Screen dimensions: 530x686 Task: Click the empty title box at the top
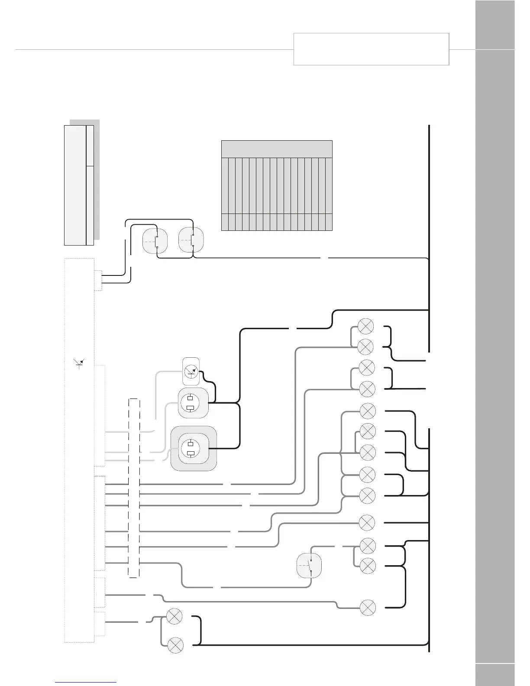click(371, 49)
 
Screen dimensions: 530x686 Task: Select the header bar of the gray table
click(277, 149)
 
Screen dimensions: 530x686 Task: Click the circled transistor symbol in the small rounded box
click(191, 371)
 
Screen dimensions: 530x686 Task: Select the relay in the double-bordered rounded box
click(193, 449)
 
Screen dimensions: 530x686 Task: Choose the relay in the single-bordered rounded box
click(193, 403)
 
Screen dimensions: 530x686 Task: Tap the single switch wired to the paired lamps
click(309, 565)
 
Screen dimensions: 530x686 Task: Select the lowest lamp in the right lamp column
click(368, 608)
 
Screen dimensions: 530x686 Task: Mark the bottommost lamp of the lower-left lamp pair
click(175, 645)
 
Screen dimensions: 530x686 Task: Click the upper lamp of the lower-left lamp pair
click(175, 617)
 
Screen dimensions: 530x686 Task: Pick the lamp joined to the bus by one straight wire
click(367, 523)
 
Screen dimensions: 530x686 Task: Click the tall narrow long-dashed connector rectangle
click(134, 488)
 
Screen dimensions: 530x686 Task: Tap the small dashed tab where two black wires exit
click(98, 280)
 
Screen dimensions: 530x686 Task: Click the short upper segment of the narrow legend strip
click(90, 146)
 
